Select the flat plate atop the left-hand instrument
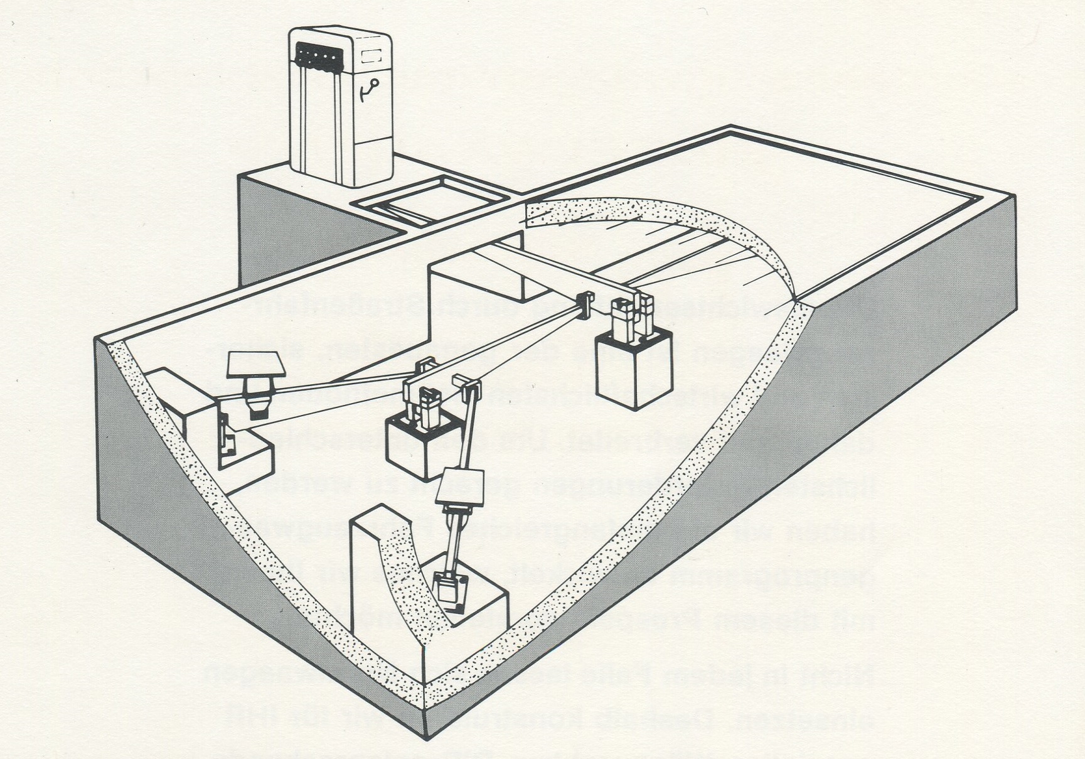(255, 365)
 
